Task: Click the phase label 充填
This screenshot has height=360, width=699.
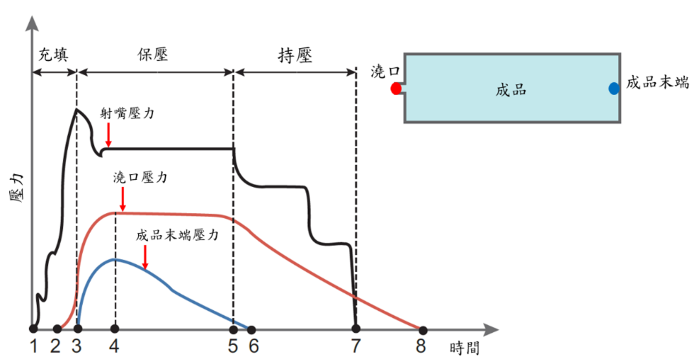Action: (x=54, y=54)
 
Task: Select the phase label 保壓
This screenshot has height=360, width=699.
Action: (x=153, y=54)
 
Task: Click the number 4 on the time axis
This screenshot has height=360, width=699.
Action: (x=115, y=347)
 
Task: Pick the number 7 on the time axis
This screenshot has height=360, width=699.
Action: (x=355, y=347)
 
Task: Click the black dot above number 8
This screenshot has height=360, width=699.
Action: (x=423, y=329)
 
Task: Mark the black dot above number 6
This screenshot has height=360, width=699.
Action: (x=252, y=329)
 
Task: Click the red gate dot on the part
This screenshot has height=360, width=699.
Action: (x=396, y=89)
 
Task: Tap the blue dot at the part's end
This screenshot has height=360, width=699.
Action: (x=614, y=89)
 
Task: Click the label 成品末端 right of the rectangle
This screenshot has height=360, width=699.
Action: (x=657, y=83)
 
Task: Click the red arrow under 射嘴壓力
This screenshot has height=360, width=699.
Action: (x=108, y=135)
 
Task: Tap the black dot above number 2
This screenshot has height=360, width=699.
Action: (x=57, y=329)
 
